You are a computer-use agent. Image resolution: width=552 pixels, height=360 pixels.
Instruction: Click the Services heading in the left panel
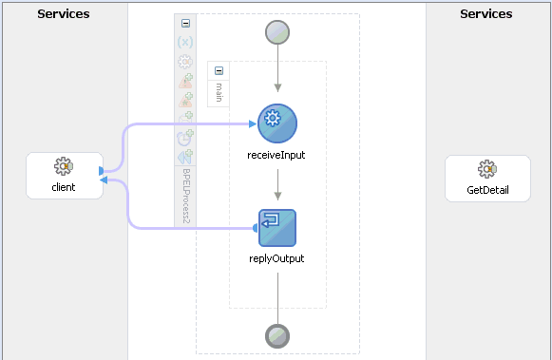pyautogui.click(x=64, y=14)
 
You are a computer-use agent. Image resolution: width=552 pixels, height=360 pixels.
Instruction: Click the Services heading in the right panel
pyautogui.click(x=485, y=14)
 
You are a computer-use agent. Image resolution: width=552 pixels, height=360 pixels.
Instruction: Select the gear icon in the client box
pyautogui.click(x=64, y=168)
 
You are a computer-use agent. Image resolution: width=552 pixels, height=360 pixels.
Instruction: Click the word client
pyautogui.click(x=64, y=187)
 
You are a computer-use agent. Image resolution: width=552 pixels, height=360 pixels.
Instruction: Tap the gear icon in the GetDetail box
pyautogui.click(x=486, y=170)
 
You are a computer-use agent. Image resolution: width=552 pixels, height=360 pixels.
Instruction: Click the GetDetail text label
pyautogui.click(x=486, y=189)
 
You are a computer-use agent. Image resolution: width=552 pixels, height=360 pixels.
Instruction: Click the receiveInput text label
pyautogui.click(x=277, y=154)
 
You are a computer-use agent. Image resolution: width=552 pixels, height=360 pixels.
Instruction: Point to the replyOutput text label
pyautogui.click(x=277, y=258)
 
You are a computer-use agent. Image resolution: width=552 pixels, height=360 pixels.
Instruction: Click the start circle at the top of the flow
pyautogui.click(x=277, y=32)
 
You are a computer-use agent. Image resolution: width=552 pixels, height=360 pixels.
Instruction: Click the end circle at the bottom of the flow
pyautogui.click(x=277, y=335)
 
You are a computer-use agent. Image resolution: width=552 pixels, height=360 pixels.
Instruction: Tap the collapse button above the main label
pyautogui.click(x=219, y=71)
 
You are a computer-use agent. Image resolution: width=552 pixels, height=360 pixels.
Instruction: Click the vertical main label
pyautogui.click(x=219, y=92)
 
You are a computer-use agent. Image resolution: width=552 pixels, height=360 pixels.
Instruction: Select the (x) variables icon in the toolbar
pyautogui.click(x=185, y=42)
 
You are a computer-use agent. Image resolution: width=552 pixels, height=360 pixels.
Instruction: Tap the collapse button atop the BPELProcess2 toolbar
pyautogui.click(x=185, y=23)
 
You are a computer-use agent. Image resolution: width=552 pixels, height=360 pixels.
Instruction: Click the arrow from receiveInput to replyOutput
pyautogui.click(x=277, y=186)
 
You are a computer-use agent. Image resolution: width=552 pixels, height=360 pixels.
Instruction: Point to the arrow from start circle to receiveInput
pyautogui.click(x=277, y=73)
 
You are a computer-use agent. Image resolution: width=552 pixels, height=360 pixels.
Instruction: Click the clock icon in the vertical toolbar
pyautogui.click(x=185, y=137)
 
